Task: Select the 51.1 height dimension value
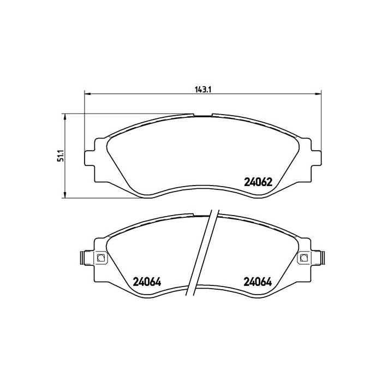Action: (x=62, y=156)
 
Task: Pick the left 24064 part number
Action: (x=148, y=282)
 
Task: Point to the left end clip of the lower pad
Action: (x=82, y=258)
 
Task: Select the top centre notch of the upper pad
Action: (x=202, y=115)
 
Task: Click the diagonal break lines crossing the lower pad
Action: (x=205, y=251)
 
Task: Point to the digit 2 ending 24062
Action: (x=269, y=183)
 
